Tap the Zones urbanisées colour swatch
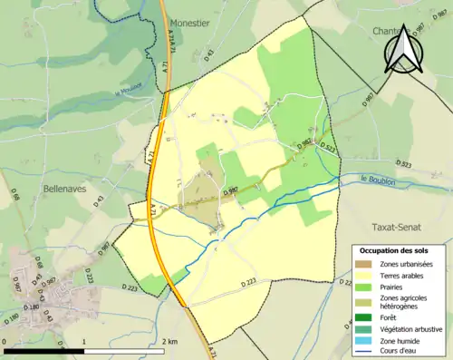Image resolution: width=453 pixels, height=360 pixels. click(x=363, y=264)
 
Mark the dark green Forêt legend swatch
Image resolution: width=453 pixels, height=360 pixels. click(x=363, y=316)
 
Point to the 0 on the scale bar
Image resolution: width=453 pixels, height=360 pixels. click(x=5, y=339)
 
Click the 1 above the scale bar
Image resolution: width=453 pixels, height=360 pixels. click(x=84, y=339)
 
